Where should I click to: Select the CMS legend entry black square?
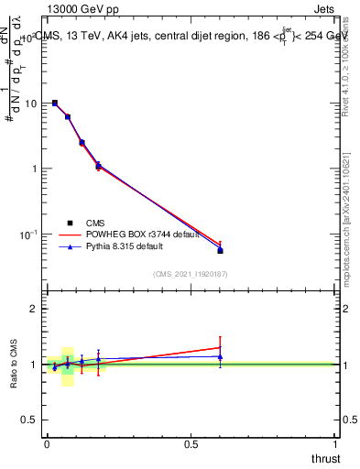[68, 222]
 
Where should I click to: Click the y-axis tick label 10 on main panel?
[30, 104]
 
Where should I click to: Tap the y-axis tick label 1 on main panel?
[34, 169]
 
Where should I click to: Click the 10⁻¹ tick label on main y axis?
[28, 235]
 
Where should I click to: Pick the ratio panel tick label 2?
[34, 309]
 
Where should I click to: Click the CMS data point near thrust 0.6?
[220, 250]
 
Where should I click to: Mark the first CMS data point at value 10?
[55, 104]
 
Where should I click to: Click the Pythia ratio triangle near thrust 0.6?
[220, 356]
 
